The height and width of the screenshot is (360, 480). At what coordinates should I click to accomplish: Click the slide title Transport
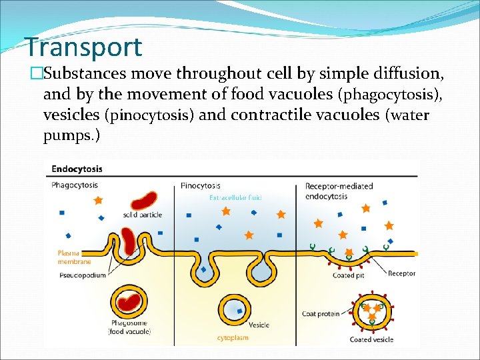pos(83,47)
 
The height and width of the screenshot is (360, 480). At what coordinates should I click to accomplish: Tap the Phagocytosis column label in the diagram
pos(75,185)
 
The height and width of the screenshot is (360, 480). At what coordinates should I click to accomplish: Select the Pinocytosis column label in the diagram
pos(201,185)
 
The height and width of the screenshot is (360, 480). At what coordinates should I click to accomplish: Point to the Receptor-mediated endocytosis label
pos(339,191)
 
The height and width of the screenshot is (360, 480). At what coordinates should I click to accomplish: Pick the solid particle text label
pos(143,215)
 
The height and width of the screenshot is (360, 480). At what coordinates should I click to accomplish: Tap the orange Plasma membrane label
pos(74,257)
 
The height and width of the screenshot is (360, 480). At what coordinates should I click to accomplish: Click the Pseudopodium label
pos(83,275)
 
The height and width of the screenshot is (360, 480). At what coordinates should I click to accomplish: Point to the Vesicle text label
pos(259,325)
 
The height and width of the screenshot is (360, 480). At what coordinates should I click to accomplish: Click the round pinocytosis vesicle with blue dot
pos(235,309)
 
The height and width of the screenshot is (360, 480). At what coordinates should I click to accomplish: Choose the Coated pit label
pos(348,275)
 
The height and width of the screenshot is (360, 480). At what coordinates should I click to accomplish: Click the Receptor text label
pos(401,273)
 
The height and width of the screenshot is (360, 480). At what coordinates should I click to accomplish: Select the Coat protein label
pos(320,313)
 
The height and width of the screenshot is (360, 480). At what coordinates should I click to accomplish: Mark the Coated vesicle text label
pos(371,339)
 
